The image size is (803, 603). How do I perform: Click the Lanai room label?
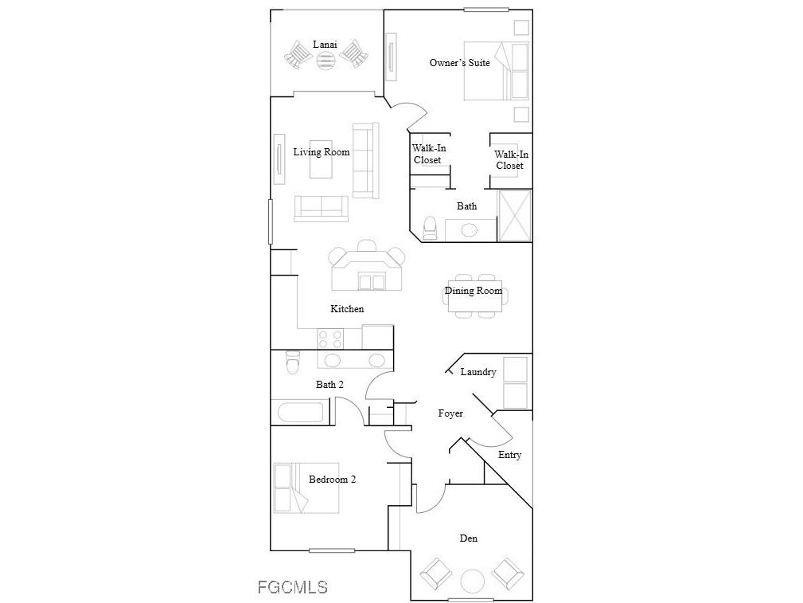pyautogui.click(x=323, y=44)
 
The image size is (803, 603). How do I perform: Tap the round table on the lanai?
pyautogui.click(x=326, y=61)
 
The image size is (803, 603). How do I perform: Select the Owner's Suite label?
pyautogui.click(x=459, y=63)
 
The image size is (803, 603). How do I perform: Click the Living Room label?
pyautogui.click(x=321, y=152)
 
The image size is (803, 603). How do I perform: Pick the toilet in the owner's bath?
pyautogui.click(x=430, y=228)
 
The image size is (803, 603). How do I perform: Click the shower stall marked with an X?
pyautogui.click(x=514, y=215)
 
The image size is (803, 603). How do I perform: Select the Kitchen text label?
pyautogui.click(x=347, y=308)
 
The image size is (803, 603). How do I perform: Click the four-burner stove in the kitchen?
pyautogui.click(x=330, y=338)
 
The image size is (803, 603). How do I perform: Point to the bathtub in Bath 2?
pyautogui.click(x=300, y=413)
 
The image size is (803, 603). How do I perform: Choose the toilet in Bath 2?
pyautogui.click(x=292, y=362)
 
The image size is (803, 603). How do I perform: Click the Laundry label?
pyautogui.click(x=478, y=372)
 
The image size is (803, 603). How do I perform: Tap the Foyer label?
pyautogui.click(x=450, y=413)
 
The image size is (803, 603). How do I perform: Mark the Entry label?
pyautogui.click(x=509, y=455)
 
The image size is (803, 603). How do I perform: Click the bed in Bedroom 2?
pyautogui.click(x=306, y=487)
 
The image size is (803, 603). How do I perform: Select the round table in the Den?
pyautogui.click(x=473, y=581)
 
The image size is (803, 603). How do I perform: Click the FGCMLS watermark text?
pyautogui.click(x=292, y=588)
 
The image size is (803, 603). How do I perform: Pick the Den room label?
pyautogui.click(x=469, y=538)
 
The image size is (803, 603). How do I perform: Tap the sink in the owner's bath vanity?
pyautogui.click(x=470, y=230)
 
